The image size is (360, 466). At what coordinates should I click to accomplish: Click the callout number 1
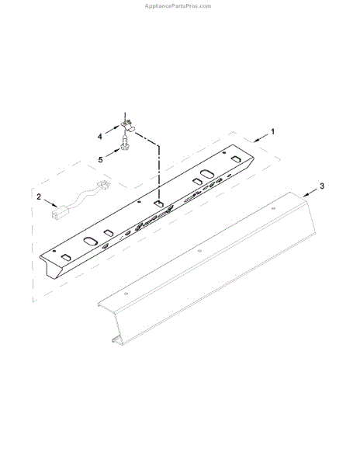(x=272, y=132)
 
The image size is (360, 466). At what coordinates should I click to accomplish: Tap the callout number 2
(x=39, y=196)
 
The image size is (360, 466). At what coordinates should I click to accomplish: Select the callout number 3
(x=322, y=186)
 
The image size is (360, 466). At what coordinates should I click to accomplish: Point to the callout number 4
(x=100, y=137)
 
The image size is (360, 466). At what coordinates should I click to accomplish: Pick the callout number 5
(x=101, y=160)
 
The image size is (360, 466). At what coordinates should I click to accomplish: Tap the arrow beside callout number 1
(x=261, y=137)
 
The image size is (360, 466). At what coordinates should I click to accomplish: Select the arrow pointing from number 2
(x=50, y=203)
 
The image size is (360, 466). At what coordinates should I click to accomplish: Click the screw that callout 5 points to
(x=125, y=141)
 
